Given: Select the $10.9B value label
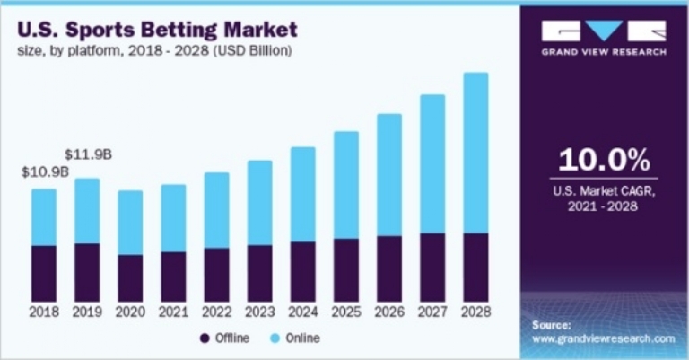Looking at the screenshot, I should click(x=46, y=171).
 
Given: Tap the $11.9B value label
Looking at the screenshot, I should click(x=89, y=154).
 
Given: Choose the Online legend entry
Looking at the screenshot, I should click(x=295, y=338).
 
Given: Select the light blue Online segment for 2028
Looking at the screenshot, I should click(x=475, y=153).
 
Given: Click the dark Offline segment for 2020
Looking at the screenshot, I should click(x=130, y=277).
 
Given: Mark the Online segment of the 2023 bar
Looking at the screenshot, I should click(x=260, y=202).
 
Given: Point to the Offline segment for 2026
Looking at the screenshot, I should click(x=389, y=268).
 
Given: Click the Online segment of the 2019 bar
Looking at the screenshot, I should click(x=87, y=211).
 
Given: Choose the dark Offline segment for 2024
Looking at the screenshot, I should click(x=303, y=271).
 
